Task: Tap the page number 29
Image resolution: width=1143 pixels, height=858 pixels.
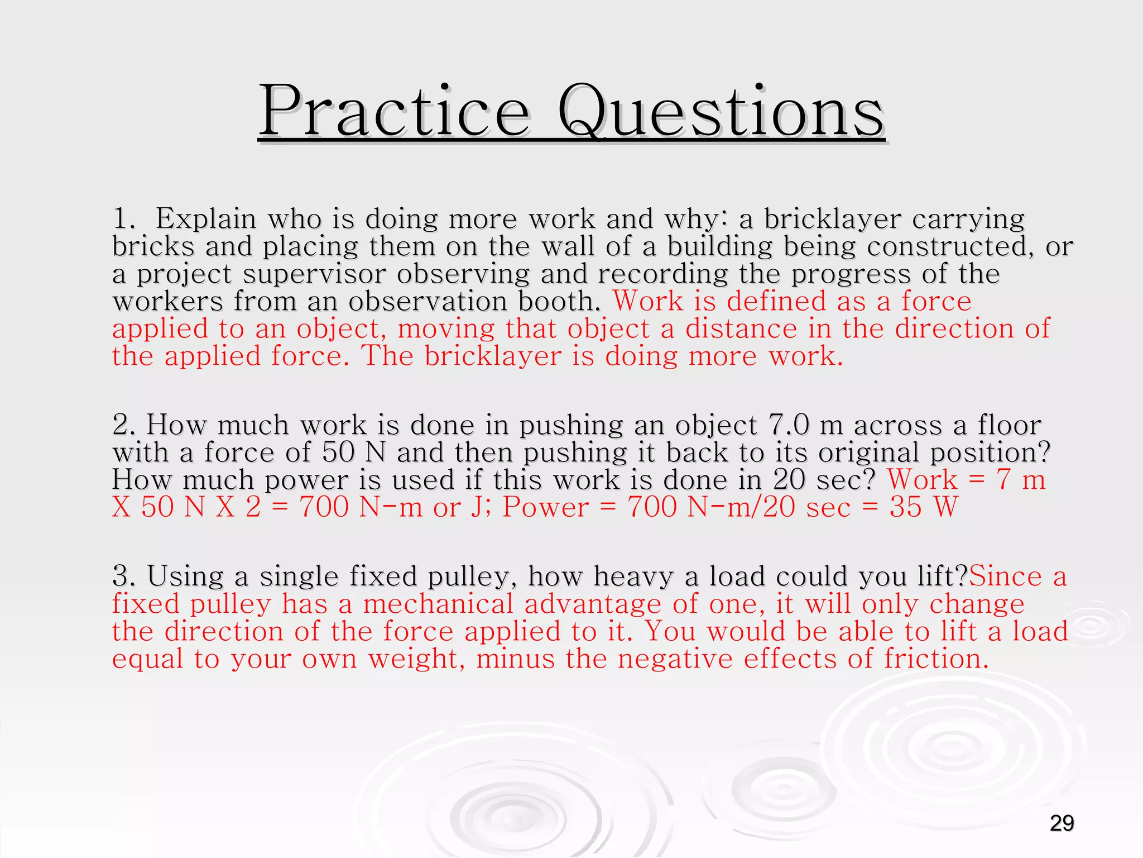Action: (1062, 823)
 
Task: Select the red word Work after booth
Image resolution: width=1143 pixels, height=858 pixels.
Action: (648, 301)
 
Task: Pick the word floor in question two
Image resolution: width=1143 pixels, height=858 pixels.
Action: (1009, 425)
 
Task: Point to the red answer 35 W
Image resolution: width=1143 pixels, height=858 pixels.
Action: (924, 507)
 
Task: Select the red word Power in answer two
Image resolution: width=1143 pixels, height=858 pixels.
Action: (545, 507)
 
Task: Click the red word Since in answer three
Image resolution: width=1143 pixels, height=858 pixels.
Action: (1005, 576)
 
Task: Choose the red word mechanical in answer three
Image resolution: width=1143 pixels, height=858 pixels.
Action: (438, 604)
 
